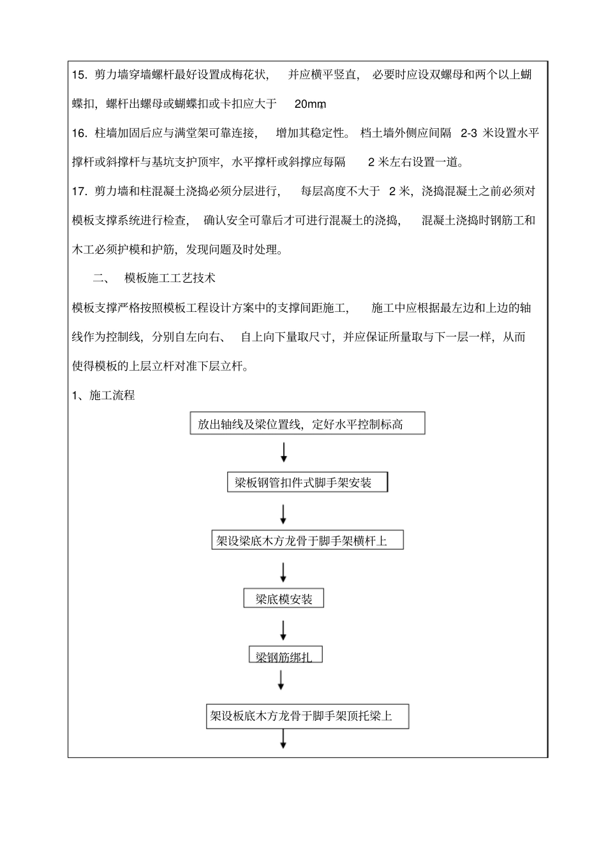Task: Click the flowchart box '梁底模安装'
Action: (284, 598)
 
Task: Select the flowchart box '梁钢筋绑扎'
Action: (285, 655)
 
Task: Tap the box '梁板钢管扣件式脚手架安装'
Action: (307, 482)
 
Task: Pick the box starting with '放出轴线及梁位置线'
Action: (307, 424)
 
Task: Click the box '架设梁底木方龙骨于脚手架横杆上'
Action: (307, 541)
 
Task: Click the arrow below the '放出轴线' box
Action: (284, 452)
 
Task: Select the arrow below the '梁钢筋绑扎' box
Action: (281, 681)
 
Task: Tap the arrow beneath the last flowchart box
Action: (283, 739)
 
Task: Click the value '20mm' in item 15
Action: (311, 104)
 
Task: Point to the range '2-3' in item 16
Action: (469, 133)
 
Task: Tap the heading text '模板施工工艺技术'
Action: (170, 278)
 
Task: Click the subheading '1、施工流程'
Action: (103, 396)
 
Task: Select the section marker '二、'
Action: (101, 278)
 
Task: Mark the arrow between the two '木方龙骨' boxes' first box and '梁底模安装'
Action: (283, 570)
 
